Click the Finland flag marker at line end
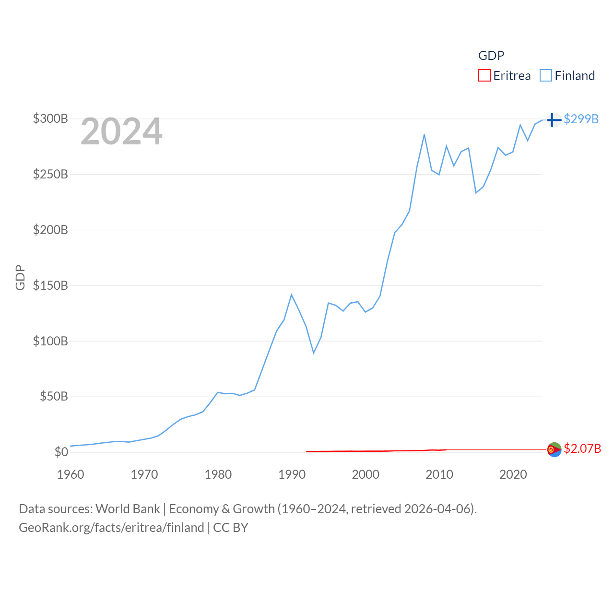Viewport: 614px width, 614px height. (554, 120)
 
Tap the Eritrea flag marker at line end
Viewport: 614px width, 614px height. (554, 449)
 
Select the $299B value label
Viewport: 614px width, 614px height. (581, 119)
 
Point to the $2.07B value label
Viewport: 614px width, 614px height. (582, 449)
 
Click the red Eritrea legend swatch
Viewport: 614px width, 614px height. (484, 76)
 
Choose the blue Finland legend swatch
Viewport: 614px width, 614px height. (546, 76)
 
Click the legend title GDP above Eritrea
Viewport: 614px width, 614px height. (491, 56)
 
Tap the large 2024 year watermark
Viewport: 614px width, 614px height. (121, 131)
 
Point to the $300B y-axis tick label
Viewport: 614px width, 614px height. (50, 118)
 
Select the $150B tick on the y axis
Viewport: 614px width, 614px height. (50, 285)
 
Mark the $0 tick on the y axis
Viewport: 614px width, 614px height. (61, 452)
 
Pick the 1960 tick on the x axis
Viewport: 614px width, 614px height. (71, 474)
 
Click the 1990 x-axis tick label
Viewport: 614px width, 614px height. (292, 474)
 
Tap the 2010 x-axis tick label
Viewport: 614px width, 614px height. (439, 474)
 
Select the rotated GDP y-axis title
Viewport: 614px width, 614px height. (20, 277)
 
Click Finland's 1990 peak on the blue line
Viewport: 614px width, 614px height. (291, 295)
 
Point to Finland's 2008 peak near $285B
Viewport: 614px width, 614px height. (425, 135)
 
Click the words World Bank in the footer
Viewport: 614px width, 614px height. (128, 509)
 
